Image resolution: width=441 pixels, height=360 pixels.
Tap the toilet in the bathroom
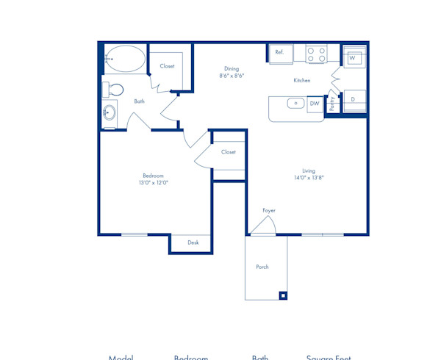115,90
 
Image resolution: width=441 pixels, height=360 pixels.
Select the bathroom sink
110,113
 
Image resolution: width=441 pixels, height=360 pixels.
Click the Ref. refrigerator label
279,53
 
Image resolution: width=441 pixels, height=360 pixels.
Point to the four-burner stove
317,54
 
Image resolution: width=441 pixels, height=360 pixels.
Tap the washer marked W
352,57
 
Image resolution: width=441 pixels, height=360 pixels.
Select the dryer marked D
353,99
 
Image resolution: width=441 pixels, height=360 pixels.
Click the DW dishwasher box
315,104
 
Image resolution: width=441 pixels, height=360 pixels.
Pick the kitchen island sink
296,104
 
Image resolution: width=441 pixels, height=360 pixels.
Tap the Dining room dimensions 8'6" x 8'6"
232,76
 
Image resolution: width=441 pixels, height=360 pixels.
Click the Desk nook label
193,242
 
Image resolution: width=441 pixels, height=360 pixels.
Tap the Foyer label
269,211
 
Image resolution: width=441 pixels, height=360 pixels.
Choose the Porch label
262,267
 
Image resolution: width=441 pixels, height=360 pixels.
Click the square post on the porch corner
282,295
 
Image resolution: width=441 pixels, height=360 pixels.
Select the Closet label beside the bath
168,66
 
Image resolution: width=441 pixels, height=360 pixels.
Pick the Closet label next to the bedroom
228,152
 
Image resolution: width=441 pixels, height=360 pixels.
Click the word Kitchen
302,81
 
